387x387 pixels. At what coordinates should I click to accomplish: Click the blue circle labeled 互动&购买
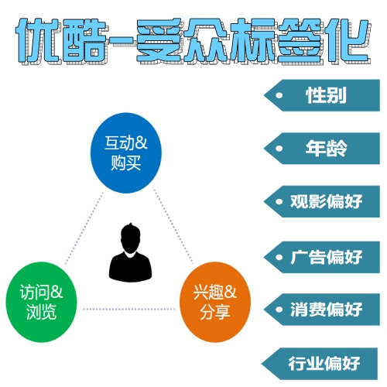click(126, 152)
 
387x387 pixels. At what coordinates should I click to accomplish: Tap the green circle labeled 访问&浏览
click(41, 302)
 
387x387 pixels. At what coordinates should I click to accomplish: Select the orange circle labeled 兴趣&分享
click(215, 302)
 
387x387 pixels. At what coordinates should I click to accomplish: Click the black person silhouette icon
click(130, 252)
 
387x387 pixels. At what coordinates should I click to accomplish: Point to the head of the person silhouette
click(131, 236)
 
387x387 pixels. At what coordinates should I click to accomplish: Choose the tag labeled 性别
click(322, 95)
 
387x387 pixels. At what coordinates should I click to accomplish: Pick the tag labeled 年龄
click(322, 149)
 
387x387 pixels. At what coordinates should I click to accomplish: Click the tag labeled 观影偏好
click(322, 201)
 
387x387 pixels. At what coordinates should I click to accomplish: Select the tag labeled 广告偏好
click(322, 257)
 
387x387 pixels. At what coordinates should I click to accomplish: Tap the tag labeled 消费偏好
click(322, 310)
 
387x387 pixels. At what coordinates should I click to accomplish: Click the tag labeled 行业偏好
click(320, 364)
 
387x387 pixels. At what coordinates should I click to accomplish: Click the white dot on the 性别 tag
click(279, 95)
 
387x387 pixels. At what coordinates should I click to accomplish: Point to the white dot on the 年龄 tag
click(279, 149)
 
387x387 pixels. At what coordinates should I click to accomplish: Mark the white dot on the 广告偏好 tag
click(279, 258)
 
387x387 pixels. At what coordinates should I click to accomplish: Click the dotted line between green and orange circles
click(128, 309)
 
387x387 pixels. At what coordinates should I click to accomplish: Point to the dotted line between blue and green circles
click(84, 228)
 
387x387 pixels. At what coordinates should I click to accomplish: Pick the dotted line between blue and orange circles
click(173, 226)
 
